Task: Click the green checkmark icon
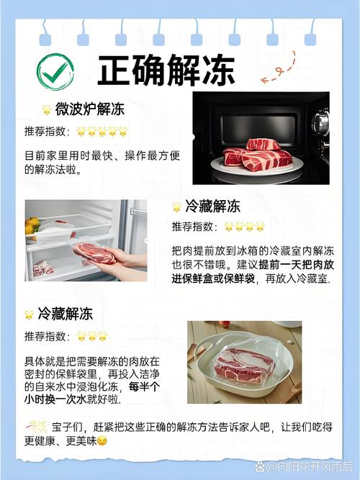click(x=55, y=72)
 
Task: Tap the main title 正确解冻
click(x=166, y=71)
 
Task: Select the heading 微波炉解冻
click(x=90, y=109)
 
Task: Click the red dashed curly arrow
click(x=278, y=69)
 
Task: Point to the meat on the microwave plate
click(x=257, y=154)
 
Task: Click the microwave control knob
click(x=320, y=123)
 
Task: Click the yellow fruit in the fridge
click(x=32, y=225)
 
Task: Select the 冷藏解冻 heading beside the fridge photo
click(x=212, y=207)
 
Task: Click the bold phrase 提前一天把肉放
click(x=296, y=265)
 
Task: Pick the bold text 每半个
click(x=144, y=386)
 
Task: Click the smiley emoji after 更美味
click(x=102, y=441)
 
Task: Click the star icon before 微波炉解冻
click(x=47, y=109)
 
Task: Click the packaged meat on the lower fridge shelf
click(x=43, y=268)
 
